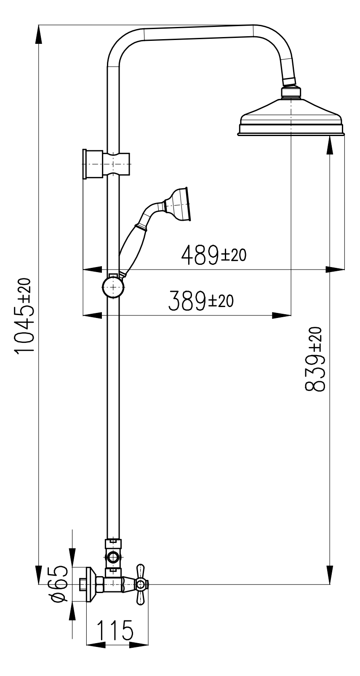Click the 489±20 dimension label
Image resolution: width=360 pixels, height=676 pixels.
click(x=213, y=255)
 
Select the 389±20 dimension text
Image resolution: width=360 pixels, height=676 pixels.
click(x=201, y=301)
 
